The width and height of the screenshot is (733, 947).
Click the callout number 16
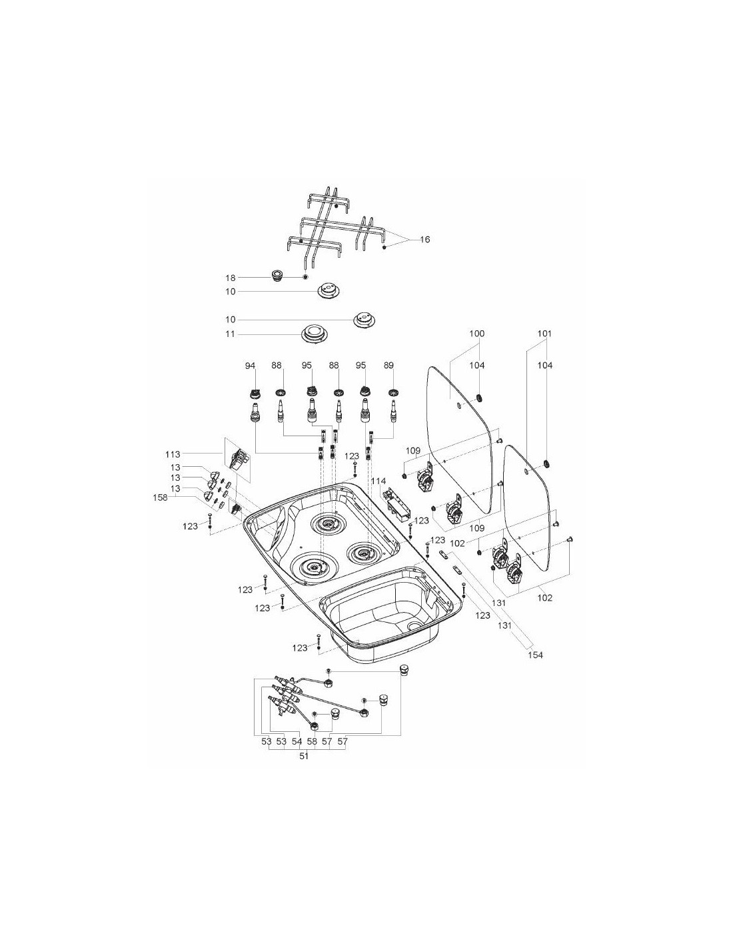pyautogui.click(x=424, y=239)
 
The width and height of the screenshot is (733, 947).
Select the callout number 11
pyautogui.click(x=230, y=334)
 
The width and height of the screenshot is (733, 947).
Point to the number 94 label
pyautogui.click(x=250, y=366)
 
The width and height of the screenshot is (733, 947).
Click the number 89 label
pyautogui.click(x=389, y=366)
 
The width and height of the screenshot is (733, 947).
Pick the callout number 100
pyautogui.click(x=477, y=333)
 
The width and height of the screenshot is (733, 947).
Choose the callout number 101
pyautogui.click(x=544, y=333)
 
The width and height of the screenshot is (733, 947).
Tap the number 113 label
pyautogui.click(x=173, y=455)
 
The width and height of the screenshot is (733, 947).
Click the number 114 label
pyautogui.click(x=378, y=481)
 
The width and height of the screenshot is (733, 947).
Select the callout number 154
pyautogui.click(x=535, y=655)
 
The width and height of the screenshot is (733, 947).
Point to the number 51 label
pyautogui.click(x=304, y=757)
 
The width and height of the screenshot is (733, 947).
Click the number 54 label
pyautogui.click(x=297, y=741)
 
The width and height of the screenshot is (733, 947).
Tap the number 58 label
pyautogui.click(x=312, y=741)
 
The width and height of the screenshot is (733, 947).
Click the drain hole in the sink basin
pyautogui.click(x=414, y=626)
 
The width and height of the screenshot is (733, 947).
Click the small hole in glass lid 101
pyautogui.click(x=526, y=472)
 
